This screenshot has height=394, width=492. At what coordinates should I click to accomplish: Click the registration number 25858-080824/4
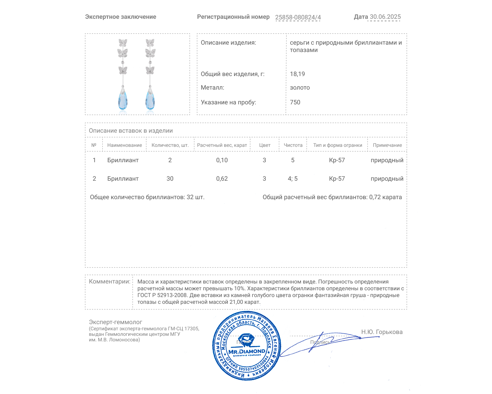coord(298,17)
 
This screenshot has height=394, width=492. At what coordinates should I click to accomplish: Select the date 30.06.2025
coord(385,17)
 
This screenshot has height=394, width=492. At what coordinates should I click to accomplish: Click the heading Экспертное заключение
coord(121,17)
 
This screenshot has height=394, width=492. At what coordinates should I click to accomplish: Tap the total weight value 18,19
coord(297,74)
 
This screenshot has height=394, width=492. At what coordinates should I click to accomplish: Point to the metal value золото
coord(300,88)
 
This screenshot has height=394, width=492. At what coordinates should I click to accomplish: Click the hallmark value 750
coord(295,103)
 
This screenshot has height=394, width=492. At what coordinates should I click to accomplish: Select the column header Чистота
coord(293,145)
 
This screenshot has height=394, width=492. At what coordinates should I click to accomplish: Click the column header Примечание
coord(387,145)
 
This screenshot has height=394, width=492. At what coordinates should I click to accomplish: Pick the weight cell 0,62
coord(222,179)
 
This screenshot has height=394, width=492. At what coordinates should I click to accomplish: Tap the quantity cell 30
coord(170,179)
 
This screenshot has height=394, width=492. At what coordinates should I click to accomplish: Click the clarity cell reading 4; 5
coord(292,179)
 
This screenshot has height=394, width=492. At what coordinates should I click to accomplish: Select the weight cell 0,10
coord(222,160)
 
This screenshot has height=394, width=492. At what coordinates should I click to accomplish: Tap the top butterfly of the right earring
coord(150,42)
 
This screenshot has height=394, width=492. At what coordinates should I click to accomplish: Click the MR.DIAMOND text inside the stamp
coord(247,352)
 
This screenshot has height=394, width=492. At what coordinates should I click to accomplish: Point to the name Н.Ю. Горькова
coord(382,332)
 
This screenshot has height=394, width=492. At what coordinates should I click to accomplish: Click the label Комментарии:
coord(109,282)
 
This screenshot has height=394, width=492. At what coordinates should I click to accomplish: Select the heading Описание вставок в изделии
coord(131,131)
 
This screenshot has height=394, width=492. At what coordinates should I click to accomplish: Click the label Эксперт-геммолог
coord(115,322)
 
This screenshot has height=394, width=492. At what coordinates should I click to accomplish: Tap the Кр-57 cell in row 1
coord(337,160)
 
